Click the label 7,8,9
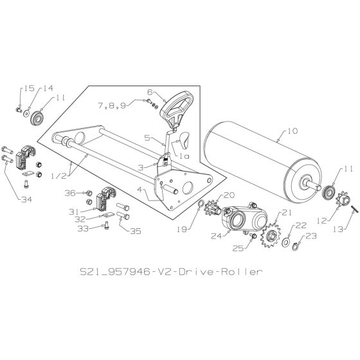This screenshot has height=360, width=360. pyautogui.click(x=111, y=104)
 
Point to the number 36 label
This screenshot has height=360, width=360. pyautogui.click(x=70, y=192)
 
